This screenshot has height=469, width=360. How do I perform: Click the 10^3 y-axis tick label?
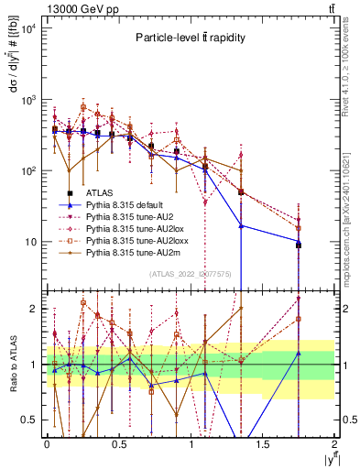click(x=30, y=99)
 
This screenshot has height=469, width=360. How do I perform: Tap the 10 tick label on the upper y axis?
click(x=33, y=242)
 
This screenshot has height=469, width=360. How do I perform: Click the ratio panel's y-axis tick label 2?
click(x=34, y=309)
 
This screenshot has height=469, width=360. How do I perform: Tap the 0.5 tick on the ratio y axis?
click(x=30, y=420)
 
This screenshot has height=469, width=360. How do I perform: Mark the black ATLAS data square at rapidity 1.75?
click(x=299, y=245)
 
